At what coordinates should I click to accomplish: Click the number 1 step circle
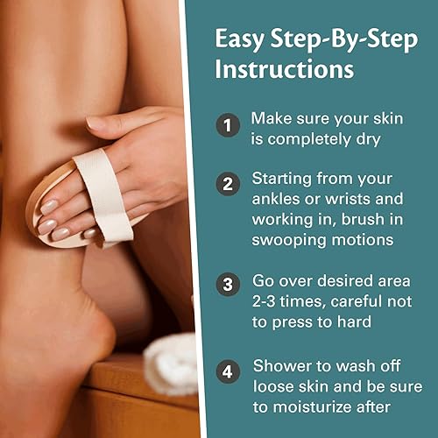227,126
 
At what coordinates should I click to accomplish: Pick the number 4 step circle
227,371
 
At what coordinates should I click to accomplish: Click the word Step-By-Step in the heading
330,39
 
